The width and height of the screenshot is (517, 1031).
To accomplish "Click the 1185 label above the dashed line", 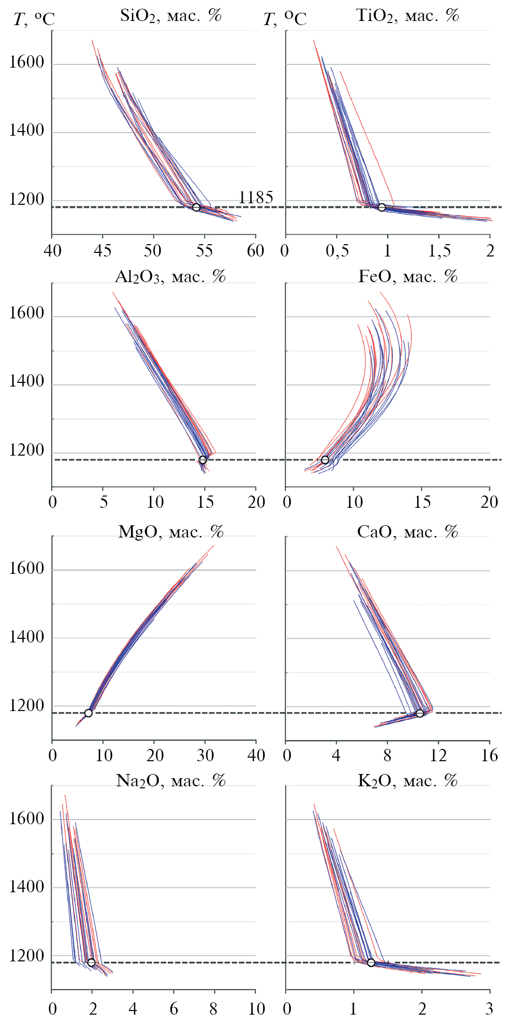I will [x=256, y=198].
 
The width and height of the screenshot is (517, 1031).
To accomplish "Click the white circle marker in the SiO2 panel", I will [x=196, y=207].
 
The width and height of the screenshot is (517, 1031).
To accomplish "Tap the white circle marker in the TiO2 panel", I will [x=382, y=207].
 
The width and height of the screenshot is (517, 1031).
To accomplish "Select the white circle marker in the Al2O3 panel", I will [x=203, y=460].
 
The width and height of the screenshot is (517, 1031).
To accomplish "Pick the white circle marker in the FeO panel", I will [x=325, y=460].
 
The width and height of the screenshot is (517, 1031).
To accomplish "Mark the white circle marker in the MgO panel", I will [x=89, y=713].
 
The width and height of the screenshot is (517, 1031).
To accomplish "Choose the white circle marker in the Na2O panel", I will [x=92, y=963].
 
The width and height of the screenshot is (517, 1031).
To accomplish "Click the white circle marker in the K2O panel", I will [x=371, y=963].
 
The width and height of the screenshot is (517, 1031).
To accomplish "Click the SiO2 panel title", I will [x=170, y=16].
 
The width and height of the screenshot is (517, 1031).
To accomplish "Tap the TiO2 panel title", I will [x=407, y=16].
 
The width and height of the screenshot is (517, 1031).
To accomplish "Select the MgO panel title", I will [x=171, y=532].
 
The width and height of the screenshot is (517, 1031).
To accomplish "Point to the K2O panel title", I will [x=407, y=781].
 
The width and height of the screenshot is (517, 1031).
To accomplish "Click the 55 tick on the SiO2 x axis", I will [x=205, y=251].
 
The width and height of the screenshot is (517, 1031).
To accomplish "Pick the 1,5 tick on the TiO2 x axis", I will [x=440, y=251].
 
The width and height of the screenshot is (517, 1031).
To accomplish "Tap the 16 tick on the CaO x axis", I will [x=489, y=756].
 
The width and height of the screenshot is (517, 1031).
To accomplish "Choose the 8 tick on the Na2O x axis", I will [x=214, y=1009].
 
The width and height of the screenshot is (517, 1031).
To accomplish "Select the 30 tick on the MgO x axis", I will [x=205, y=756].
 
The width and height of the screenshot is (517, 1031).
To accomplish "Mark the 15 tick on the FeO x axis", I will [x=422, y=502].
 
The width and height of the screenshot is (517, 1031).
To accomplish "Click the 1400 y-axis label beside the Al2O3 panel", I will [x=27, y=382].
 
